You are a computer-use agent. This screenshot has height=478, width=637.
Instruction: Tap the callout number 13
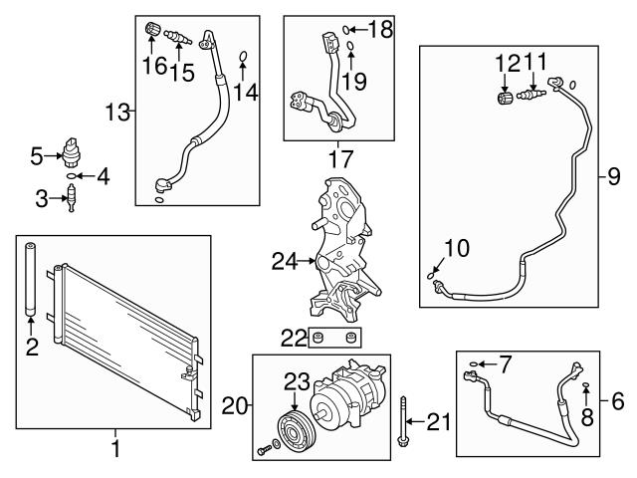tap(118, 112)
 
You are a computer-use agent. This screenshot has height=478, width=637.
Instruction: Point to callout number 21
tap(438, 422)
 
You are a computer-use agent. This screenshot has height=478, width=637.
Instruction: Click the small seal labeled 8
tap(587, 386)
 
